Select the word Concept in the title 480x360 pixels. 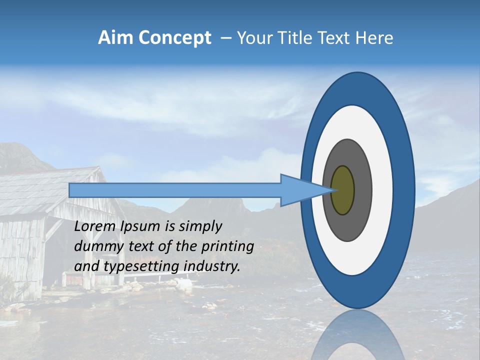(x=175, y=38)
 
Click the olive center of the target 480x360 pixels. (x=342, y=190)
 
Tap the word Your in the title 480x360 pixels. (x=252, y=38)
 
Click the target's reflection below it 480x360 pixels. (x=357, y=335)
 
